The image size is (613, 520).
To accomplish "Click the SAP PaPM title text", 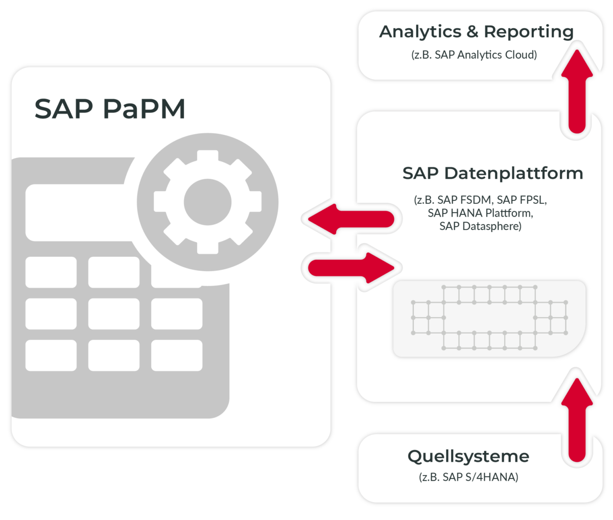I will tap(109, 109).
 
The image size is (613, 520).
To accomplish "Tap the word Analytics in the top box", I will tap(419, 32).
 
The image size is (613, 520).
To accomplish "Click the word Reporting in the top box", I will tap(528, 32).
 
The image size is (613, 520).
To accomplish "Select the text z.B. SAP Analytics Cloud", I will tap(474, 55).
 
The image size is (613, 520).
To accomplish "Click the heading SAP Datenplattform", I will tap(492, 173).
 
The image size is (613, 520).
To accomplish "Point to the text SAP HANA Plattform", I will tap(480, 212).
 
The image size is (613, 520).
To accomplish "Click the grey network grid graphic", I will tap(489, 318).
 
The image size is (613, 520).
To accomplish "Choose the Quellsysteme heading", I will tap(468, 456).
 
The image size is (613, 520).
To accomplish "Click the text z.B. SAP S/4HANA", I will tap(468, 478).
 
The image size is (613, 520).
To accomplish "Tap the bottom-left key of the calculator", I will tap(51, 355).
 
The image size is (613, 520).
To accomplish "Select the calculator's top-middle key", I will tap(113, 272).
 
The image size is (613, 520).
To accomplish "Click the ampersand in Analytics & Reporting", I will tap(472, 32).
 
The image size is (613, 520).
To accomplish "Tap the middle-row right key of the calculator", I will tap(176, 314).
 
